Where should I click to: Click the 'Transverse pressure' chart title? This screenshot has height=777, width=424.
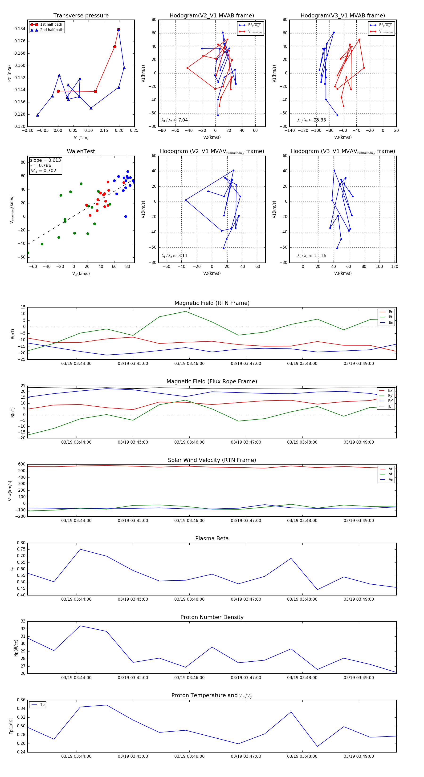[81, 16]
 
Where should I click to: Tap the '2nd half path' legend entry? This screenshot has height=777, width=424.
[52, 30]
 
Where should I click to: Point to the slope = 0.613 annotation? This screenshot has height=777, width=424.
[45, 160]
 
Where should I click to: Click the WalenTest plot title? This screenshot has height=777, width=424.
[81, 151]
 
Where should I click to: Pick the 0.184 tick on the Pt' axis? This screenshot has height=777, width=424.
[20, 29]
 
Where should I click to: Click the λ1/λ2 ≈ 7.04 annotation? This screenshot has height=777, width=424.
[175, 120]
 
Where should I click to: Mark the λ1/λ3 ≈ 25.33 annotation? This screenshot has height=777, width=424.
[311, 120]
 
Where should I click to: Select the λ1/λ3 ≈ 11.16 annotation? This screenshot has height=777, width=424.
[311, 256]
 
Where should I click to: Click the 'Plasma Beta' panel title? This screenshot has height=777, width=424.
[212, 539]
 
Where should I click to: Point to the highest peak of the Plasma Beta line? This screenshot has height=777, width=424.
[80, 549]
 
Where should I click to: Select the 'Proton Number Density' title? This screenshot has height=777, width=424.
[212, 617]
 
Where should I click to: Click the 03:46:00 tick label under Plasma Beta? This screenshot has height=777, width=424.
[189, 599]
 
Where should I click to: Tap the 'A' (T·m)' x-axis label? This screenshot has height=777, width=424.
[81, 138]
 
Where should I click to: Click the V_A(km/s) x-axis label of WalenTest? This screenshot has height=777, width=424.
[81, 274]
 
